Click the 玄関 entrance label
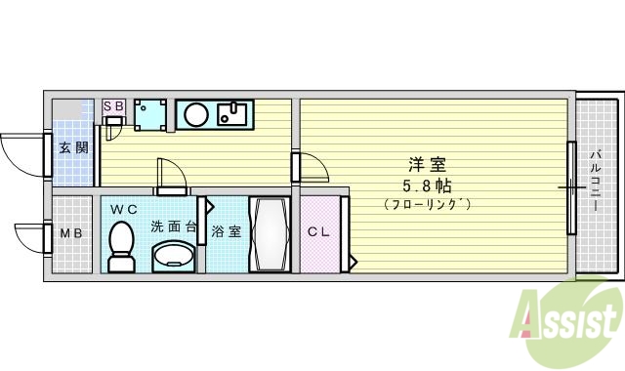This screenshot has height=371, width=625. [x=73, y=148]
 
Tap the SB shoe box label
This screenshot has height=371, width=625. [x=112, y=105]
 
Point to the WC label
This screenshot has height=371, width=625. [x=123, y=209]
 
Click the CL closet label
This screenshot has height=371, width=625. [x=318, y=232]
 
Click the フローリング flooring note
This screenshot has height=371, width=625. [x=428, y=205]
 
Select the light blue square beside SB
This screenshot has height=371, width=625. [x=150, y=114]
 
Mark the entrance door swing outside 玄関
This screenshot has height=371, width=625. [x=21, y=151]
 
